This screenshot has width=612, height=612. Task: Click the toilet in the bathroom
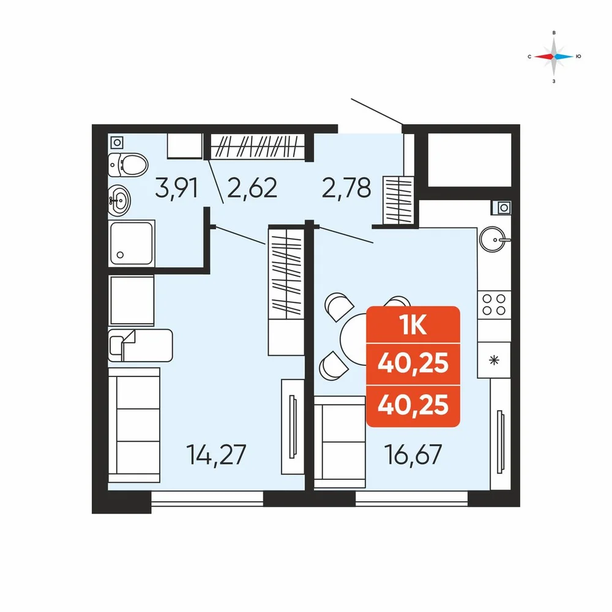coord(128,165)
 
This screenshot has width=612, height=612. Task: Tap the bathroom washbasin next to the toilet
coord(119,201)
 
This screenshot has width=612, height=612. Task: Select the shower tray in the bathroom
coord(132,243)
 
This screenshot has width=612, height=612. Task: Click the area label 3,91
coord(176,188)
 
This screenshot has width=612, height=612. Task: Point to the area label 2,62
coord(252,188)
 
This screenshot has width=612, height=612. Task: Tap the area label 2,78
coord(346,188)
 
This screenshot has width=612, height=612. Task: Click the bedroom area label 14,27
coord(217,455)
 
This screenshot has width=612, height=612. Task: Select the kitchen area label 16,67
coord(413,455)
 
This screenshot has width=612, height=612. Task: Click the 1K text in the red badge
coord(413,325)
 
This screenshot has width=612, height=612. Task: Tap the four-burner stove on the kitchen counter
coord(494,305)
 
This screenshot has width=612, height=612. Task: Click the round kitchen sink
coord(493,239)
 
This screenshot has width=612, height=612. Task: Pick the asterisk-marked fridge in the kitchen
coord(494,360)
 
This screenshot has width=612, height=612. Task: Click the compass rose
coord(554,56)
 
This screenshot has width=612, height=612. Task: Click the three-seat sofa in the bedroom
coord(134,425)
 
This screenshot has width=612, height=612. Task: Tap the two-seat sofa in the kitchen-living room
coord(340,442)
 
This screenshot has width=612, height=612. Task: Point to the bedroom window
coord(207,499)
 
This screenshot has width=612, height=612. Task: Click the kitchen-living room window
coord(411,499)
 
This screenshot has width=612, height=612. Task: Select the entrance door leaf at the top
coord(377,112)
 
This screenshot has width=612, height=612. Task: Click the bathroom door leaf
coord(216,181)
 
